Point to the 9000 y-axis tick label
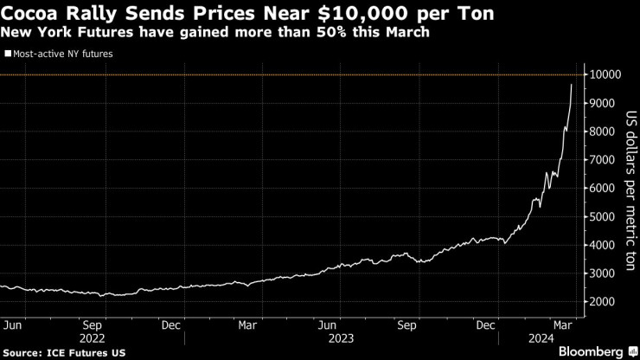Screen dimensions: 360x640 604,104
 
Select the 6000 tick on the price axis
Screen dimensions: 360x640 604,189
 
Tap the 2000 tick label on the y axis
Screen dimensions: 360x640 604,302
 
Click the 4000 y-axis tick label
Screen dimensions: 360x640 604,246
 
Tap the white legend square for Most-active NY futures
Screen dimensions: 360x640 7,54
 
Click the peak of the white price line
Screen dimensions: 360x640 571,85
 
